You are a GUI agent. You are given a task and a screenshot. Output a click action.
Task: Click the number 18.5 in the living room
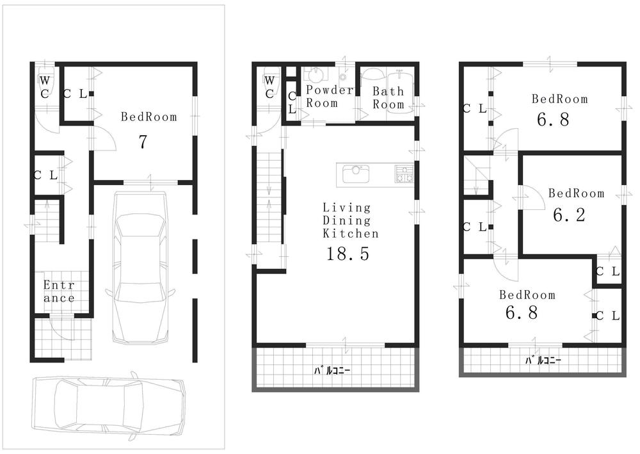point(348,254)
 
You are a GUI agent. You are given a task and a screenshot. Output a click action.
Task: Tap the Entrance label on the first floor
point(59,291)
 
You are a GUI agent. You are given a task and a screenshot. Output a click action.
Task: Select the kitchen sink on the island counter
point(353,174)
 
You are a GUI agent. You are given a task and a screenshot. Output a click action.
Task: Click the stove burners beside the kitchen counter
point(404,174)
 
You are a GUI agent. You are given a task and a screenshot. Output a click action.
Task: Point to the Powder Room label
point(329,96)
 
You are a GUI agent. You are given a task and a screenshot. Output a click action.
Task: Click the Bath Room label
point(388,98)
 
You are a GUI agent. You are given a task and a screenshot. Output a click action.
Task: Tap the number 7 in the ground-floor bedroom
point(144,142)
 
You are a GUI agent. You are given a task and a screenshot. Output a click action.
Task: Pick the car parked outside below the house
point(109,405)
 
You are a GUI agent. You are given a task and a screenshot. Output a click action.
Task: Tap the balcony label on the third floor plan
point(543,361)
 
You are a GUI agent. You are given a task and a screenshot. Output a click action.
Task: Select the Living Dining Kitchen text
point(346,221)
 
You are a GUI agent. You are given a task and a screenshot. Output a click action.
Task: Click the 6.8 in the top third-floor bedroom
point(553,120)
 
